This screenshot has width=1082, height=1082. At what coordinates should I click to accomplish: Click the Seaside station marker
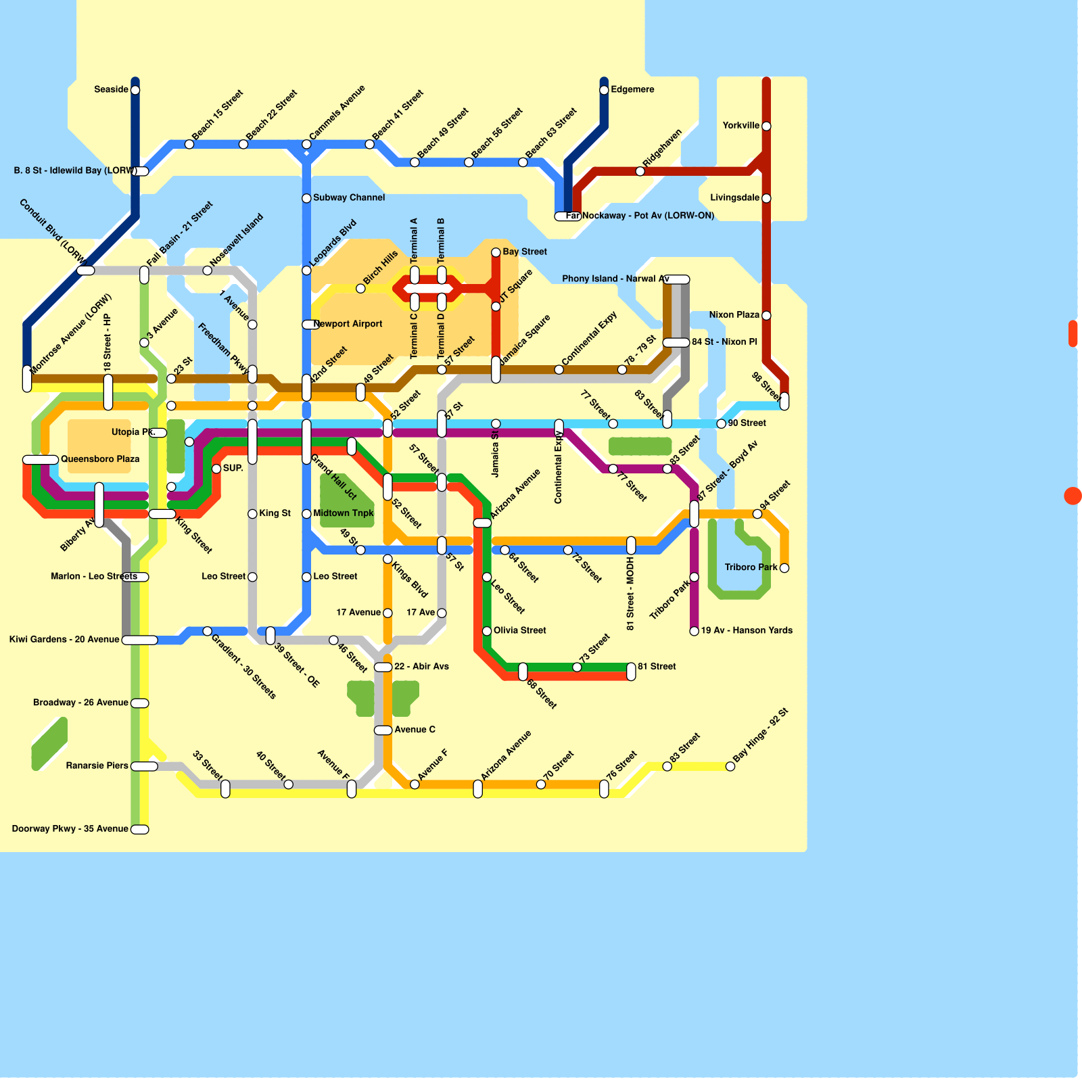coord(135,90)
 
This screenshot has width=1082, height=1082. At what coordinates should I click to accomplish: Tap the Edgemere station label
coord(632,89)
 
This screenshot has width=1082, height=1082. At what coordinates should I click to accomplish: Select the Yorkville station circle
coord(766,126)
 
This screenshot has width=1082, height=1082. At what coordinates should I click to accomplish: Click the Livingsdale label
coord(734,197)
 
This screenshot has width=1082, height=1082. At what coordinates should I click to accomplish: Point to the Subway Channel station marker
coord(306,198)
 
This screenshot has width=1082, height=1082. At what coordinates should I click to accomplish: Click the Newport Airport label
coord(348,324)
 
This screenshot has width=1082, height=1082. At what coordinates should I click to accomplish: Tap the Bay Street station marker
coord(496,252)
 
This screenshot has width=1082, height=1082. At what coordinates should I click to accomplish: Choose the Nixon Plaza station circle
coord(766,315)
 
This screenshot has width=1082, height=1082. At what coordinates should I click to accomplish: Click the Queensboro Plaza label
coord(100,459)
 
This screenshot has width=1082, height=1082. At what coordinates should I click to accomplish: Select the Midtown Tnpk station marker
coord(306,514)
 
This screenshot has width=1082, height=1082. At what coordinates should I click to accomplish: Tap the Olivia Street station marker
coord(487,631)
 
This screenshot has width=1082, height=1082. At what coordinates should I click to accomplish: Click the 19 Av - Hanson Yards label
coord(747,630)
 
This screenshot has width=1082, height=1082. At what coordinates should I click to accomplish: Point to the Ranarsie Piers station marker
coord(144,766)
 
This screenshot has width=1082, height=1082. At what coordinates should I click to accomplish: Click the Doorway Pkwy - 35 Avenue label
coord(70,828)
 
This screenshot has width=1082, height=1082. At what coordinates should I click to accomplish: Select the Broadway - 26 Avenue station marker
coord(140,703)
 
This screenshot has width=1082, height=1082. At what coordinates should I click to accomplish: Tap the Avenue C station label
coord(415,730)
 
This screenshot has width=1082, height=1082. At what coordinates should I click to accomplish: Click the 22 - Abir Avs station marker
coord(383,667)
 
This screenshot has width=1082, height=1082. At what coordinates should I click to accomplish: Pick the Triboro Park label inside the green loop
coord(751,567)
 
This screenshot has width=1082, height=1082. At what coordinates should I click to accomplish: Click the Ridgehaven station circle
coord(640,171)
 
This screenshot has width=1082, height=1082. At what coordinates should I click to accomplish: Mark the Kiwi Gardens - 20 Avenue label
coord(64,639)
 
